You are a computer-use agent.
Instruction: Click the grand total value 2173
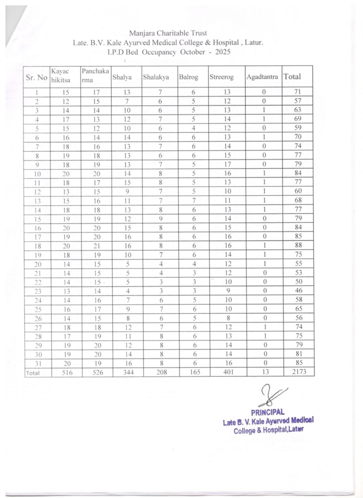point(298,372)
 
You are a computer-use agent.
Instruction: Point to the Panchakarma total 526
point(96,373)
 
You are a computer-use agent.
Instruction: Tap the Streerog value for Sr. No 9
point(227,164)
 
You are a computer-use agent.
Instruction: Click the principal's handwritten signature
point(271,395)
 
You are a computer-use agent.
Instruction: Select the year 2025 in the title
point(220,52)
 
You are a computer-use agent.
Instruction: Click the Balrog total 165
point(193,373)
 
